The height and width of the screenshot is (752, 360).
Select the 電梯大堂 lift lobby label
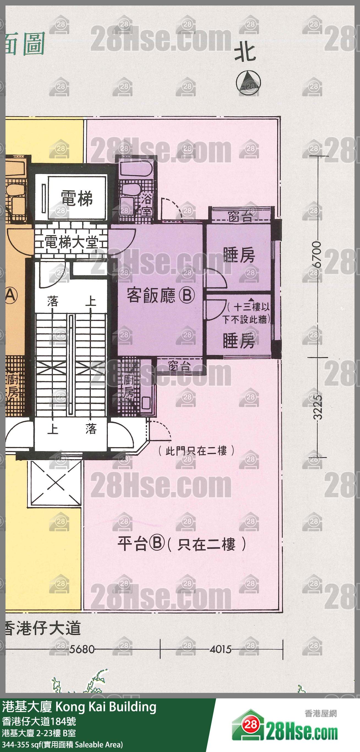click(x=71, y=242)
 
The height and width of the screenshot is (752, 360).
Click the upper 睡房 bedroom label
click(x=239, y=255)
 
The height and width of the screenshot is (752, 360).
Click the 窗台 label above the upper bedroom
click(x=240, y=217)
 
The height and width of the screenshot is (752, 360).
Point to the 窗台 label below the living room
click(x=179, y=366)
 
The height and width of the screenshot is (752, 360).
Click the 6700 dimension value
click(x=317, y=255)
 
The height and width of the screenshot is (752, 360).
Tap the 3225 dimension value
click(x=317, y=407)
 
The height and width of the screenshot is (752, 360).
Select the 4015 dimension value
click(x=221, y=649)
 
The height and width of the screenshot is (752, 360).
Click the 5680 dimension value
click(x=82, y=649)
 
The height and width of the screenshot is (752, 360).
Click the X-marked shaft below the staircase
click(x=56, y=484)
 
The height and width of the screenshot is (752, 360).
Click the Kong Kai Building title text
click(x=106, y=707)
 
